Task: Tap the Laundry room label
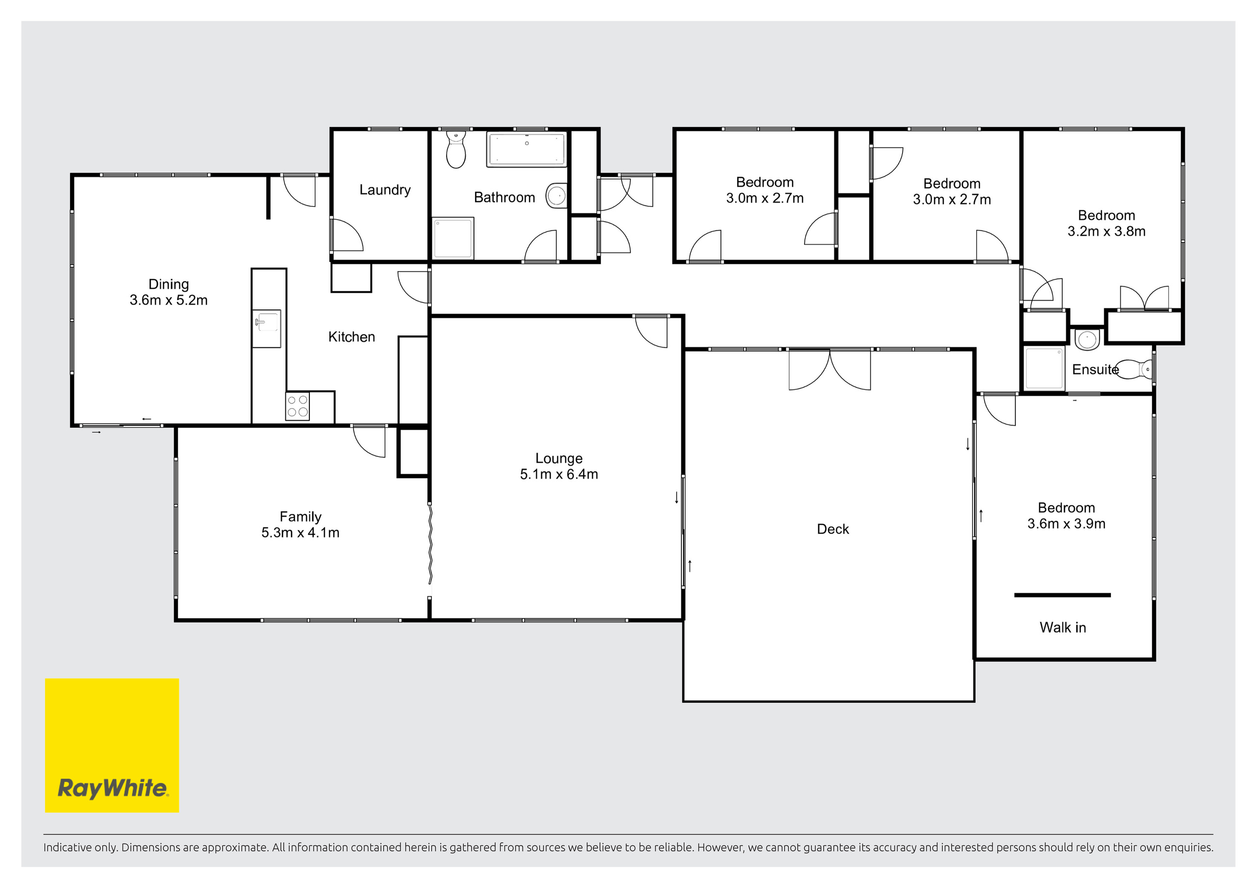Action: tap(385, 190)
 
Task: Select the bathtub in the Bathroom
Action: tap(527, 149)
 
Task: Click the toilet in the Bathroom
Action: tap(456, 149)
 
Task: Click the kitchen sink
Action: tap(267, 328)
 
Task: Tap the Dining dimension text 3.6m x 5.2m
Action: tap(168, 300)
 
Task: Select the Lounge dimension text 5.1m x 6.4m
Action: tap(559, 474)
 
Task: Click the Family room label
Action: tap(301, 517)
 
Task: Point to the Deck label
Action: tap(833, 529)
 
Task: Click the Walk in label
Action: tap(1063, 627)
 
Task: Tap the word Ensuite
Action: tap(1095, 370)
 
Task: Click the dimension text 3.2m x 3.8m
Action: tap(1106, 231)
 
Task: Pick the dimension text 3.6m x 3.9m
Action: tap(1066, 524)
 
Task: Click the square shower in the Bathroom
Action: tap(452, 238)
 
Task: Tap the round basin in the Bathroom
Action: tap(556, 195)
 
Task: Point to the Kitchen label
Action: tap(351, 337)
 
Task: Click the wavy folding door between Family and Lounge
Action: tap(430, 545)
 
